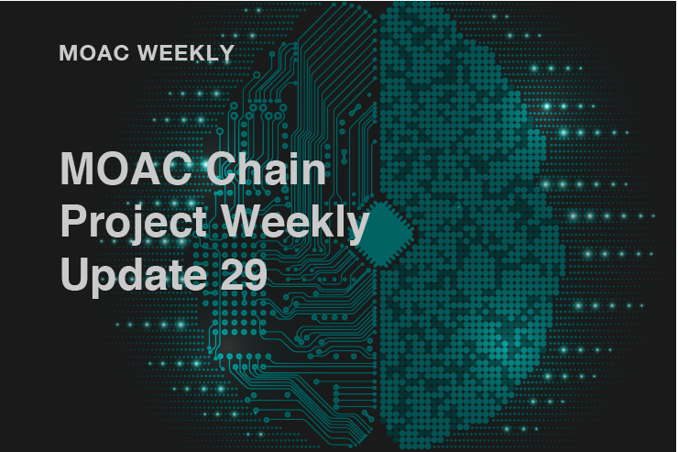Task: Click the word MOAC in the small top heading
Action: click(x=93, y=53)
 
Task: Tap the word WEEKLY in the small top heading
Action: click(x=186, y=53)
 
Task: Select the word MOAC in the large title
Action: click(x=126, y=169)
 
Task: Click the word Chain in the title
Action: click(x=266, y=169)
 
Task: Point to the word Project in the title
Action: click(x=134, y=223)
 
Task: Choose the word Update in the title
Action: click(x=134, y=275)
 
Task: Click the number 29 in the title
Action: click(x=244, y=273)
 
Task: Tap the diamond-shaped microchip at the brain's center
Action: click(x=381, y=234)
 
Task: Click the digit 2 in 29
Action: click(x=232, y=273)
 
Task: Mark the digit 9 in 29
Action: click(x=256, y=274)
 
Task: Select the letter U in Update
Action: click(x=74, y=274)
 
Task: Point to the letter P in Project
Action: click(x=73, y=220)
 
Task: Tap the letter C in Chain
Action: click(x=223, y=169)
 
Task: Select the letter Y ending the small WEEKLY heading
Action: click(x=227, y=53)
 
